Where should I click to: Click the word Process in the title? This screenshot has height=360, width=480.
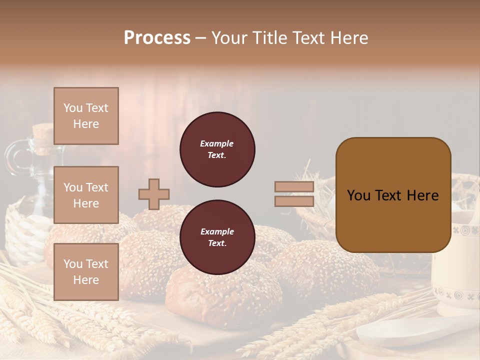pos(157,38)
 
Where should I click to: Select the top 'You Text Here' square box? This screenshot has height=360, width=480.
pos(86,116)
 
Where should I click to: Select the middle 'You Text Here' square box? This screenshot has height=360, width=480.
pos(86,195)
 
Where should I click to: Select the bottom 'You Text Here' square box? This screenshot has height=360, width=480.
pos(86,271)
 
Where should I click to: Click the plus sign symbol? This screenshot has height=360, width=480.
pos(154,194)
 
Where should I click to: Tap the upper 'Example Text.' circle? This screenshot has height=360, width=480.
pos(217,149)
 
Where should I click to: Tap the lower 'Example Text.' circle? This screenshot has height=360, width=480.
pos(217,237)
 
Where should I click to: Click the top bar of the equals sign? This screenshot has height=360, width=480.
pos(294,187)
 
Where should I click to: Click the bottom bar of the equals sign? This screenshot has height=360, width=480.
pos(294,201)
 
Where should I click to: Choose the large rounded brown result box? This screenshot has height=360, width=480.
pos(393,195)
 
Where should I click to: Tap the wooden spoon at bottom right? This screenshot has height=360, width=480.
pos(400,335)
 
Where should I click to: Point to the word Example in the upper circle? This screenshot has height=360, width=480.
pos(217,143)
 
